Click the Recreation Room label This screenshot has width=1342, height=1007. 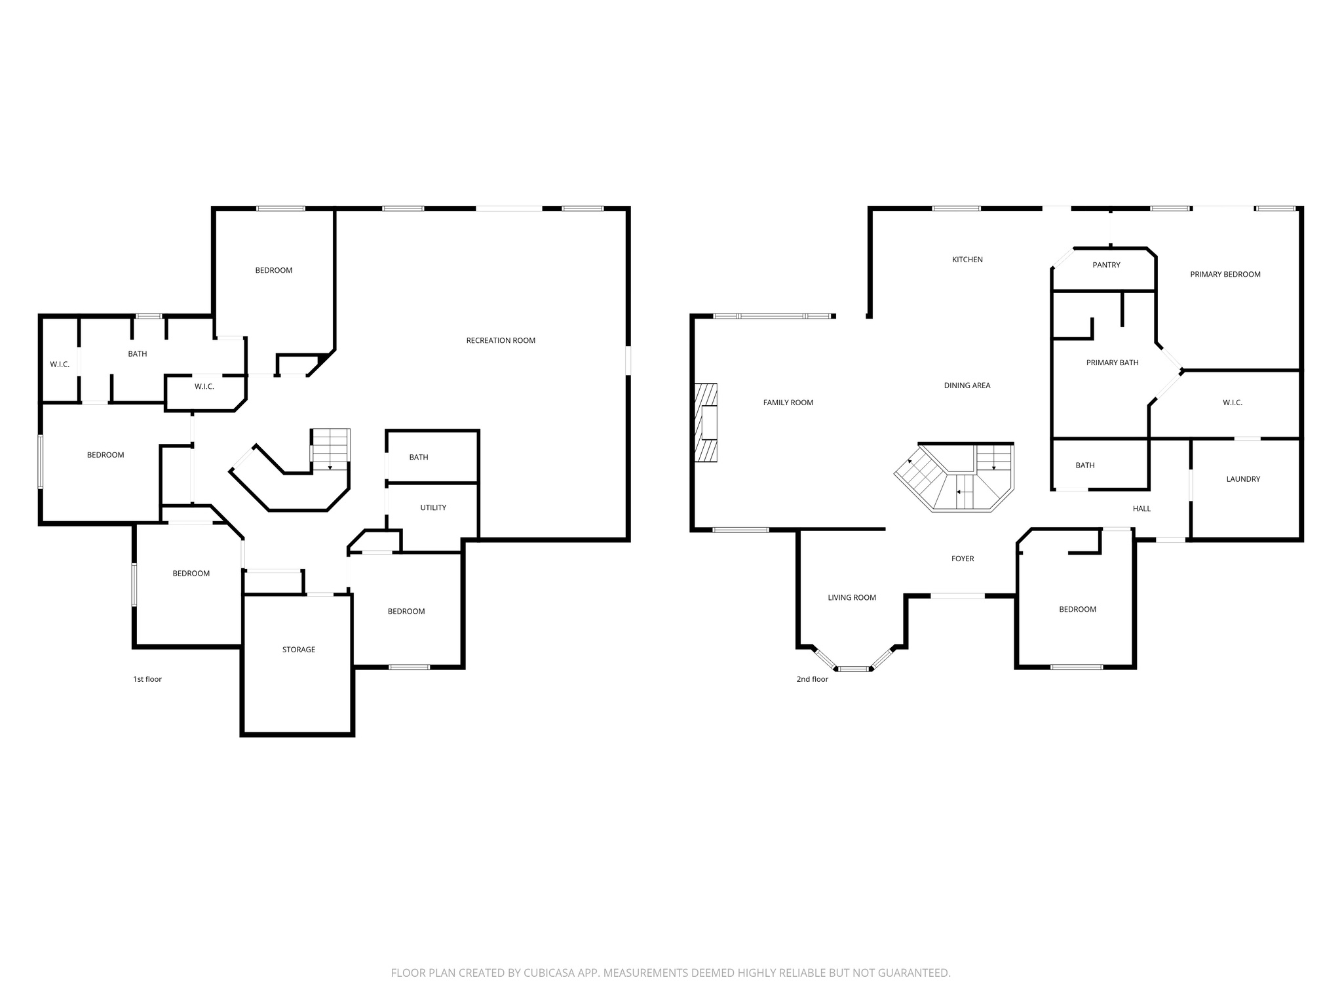(501, 340)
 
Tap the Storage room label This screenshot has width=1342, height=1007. (299, 650)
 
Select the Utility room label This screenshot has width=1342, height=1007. (433, 507)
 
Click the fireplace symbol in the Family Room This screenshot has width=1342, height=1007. (706, 423)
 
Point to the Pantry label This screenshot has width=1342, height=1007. (1106, 265)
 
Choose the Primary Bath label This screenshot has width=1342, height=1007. (1112, 363)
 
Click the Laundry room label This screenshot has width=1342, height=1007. (1243, 479)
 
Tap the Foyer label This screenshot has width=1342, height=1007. (963, 559)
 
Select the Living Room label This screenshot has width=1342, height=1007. (852, 597)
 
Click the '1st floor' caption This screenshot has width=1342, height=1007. (147, 679)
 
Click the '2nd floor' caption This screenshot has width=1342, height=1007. (812, 679)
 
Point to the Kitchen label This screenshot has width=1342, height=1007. (967, 260)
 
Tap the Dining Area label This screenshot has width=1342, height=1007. (967, 385)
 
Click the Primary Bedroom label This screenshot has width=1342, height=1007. (1225, 275)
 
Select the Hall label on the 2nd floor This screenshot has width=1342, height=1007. (1141, 509)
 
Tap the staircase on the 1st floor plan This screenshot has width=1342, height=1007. (330, 448)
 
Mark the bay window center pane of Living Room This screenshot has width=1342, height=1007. (853, 669)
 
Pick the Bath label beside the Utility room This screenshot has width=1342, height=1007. (419, 458)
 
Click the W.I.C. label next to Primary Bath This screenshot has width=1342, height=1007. (1232, 403)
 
